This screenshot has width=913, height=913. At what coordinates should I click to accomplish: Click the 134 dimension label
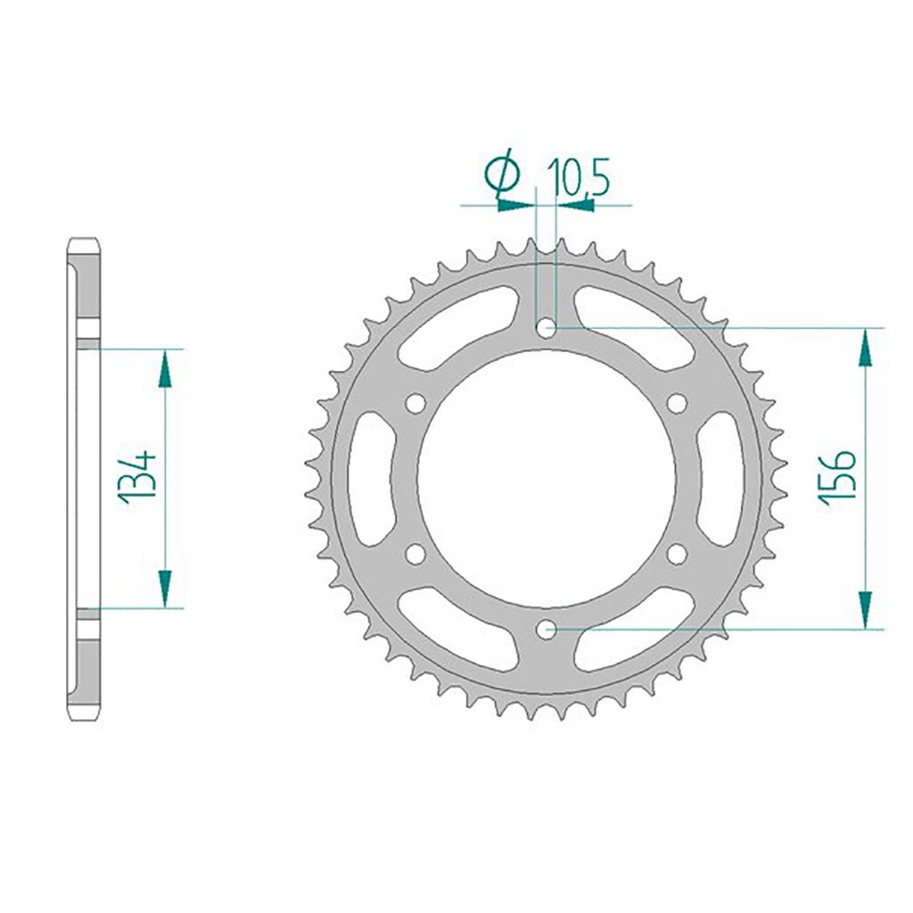(140, 476)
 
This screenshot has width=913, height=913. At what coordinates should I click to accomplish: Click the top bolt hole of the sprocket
(546, 329)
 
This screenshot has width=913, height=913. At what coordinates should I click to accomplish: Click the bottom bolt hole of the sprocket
(546, 630)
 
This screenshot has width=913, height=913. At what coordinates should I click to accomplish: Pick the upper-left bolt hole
(414, 404)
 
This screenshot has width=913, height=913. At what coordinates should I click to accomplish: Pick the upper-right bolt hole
(678, 404)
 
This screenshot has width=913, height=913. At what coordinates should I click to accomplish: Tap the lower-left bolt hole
(414, 555)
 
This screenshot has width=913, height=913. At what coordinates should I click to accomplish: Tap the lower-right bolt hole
(678, 555)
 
